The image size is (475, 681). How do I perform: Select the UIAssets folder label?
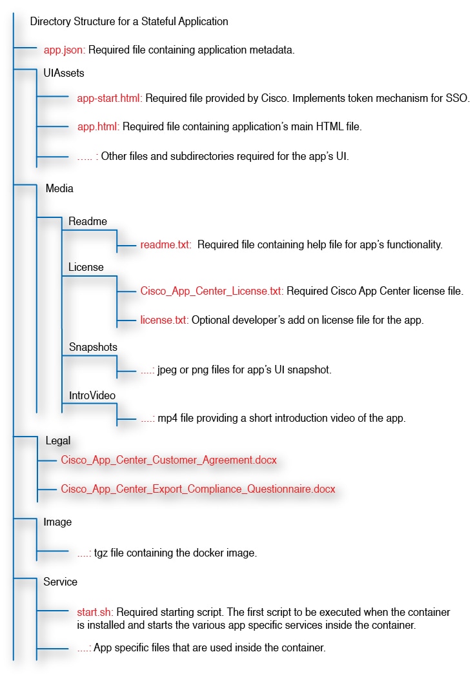[x=64, y=73]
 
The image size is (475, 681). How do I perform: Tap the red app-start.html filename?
[x=110, y=99]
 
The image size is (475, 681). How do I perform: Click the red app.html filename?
[x=97, y=127]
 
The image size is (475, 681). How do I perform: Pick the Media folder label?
[x=59, y=189]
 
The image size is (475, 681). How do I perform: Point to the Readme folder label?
[x=88, y=221]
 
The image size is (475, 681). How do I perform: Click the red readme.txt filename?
[x=165, y=245]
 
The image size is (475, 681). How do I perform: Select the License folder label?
[x=86, y=267]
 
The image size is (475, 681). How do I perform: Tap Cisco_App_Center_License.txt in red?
[x=211, y=291]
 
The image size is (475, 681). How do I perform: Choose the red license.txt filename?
[x=164, y=320]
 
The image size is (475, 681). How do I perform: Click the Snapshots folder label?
[x=93, y=347]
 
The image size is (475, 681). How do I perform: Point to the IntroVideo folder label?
[x=92, y=394]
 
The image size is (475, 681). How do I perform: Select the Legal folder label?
[x=58, y=441]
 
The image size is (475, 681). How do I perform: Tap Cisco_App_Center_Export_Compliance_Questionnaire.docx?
[x=198, y=489]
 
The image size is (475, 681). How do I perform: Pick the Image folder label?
[x=57, y=522]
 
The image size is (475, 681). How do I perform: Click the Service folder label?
[x=60, y=582]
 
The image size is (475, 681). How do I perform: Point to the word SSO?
[x=459, y=99]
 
